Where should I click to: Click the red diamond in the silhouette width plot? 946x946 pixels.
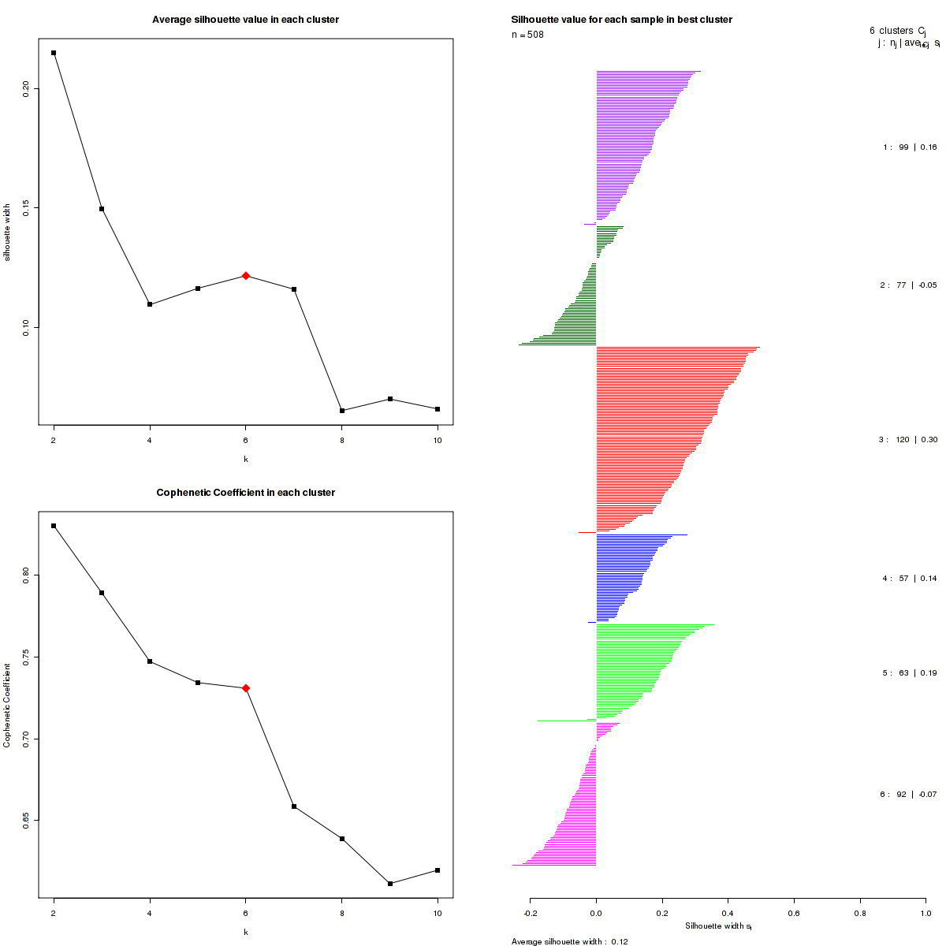(x=246, y=276)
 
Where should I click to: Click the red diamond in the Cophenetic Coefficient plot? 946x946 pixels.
(x=246, y=688)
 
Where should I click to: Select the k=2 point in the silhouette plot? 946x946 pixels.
(x=54, y=53)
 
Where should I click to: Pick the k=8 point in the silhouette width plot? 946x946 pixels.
(x=342, y=411)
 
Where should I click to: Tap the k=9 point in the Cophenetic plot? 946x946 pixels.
(x=390, y=884)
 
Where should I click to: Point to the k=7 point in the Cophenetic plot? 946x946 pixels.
(x=294, y=806)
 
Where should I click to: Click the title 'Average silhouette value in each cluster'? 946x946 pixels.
(x=245, y=20)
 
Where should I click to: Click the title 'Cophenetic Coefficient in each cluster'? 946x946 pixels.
(x=245, y=493)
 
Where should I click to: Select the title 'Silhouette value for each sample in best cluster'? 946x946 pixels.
(x=621, y=20)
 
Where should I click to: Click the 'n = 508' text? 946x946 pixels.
(x=527, y=35)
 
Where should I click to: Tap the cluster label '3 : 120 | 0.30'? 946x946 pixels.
(x=908, y=440)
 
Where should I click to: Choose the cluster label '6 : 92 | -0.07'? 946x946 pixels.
(x=908, y=795)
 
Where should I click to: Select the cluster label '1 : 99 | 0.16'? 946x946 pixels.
(x=910, y=147)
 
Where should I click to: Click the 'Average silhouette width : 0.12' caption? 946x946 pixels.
(x=569, y=941)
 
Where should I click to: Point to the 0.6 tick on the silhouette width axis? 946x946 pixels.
(x=794, y=913)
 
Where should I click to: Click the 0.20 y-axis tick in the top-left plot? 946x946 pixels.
(x=26, y=88)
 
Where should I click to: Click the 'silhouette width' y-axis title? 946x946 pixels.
(x=8, y=232)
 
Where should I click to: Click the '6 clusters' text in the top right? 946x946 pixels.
(x=891, y=31)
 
